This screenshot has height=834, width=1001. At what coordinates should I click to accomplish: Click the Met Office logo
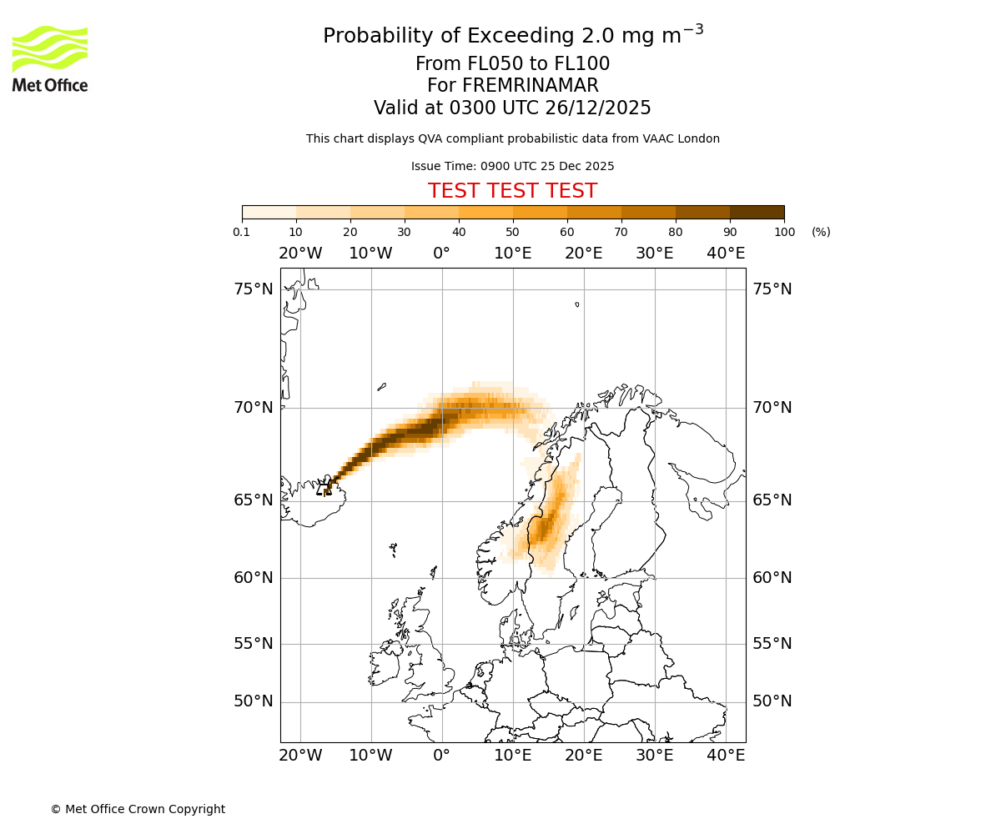(50, 58)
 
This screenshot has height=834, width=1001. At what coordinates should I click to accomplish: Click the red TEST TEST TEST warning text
(512, 191)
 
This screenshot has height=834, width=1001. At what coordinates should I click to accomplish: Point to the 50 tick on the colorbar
(513, 232)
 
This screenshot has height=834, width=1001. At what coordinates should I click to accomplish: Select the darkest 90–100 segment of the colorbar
(757, 212)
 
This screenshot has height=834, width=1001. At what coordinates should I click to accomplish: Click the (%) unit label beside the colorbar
(821, 232)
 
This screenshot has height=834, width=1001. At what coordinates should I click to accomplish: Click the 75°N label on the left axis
(254, 289)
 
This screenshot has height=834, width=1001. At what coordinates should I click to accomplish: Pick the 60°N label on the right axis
(772, 578)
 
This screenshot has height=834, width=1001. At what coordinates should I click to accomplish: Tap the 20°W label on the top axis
(300, 254)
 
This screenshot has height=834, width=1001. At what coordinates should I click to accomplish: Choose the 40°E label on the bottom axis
(726, 756)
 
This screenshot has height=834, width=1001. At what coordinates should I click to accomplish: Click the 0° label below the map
(442, 756)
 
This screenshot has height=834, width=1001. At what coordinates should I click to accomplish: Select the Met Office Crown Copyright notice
(138, 809)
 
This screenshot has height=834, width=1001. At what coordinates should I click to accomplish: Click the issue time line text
(512, 166)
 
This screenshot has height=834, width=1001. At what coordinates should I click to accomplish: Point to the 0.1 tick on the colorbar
(242, 232)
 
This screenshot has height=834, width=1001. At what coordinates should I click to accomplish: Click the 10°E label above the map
(513, 254)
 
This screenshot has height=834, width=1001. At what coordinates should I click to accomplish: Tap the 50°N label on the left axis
(254, 701)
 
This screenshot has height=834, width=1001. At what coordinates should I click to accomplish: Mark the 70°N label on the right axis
(772, 408)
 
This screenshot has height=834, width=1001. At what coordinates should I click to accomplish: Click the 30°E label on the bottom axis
(655, 756)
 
